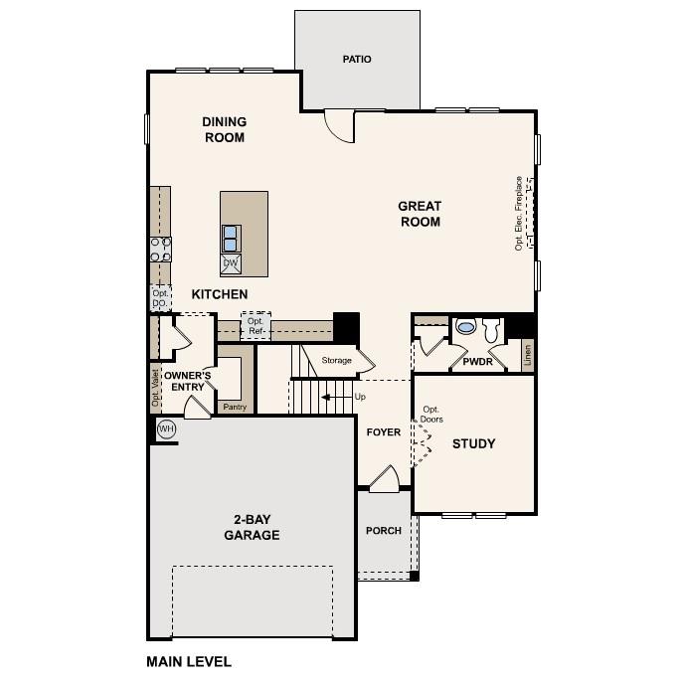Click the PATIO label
pyautogui.click(x=357, y=60)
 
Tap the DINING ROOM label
pyautogui.click(x=225, y=130)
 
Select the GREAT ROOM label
pyautogui.click(x=420, y=214)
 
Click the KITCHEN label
pyautogui.click(x=220, y=294)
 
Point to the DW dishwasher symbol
pyautogui.click(x=231, y=263)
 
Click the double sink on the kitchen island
pyautogui.click(x=231, y=239)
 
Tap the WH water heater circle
pyautogui.click(x=166, y=428)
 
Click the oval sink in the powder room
pyautogui.click(x=465, y=326)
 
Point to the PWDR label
pyautogui.click(x=477, y=363)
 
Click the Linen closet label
pyautogui.click(x=527, y=355)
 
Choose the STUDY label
pyautogui.click(x=473, y=443)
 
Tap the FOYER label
pyautogui.click(x=384, y=432)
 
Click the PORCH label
pyautogui.click(x=384, y=531)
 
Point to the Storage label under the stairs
pyautogui.click(x=336, y=361)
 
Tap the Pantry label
pyautogui.click(x=235, y=407)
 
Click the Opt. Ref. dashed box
pyautogui.click(x=256, y=325)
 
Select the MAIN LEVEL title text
pyautogui.click(x=189, y=661)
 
